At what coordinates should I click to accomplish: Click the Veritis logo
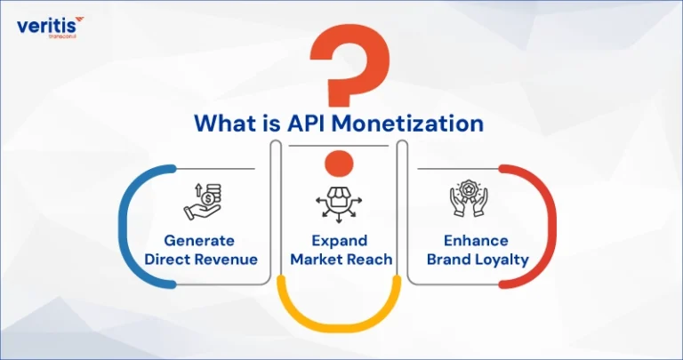[50, 27]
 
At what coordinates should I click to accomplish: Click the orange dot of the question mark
[339, 164]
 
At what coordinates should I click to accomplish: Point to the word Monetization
[407, 124]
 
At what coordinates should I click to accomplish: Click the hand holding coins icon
[203, 202]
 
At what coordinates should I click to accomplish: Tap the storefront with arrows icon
[339, 204]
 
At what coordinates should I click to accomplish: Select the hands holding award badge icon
[469, 198]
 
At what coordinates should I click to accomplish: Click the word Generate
[199, 241]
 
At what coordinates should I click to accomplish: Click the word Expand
[340, 241]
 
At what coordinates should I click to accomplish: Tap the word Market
[317, 260]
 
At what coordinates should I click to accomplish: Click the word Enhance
[476, 241]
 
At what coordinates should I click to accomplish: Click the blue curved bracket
[122, 227]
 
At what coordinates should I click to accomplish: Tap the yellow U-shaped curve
[339, 324]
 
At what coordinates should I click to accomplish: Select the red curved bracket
[553, 227]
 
